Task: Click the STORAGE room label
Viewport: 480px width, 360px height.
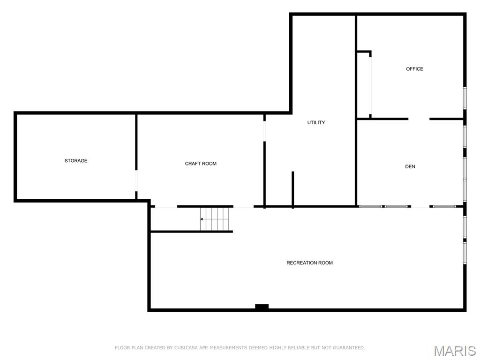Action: click(76, 161)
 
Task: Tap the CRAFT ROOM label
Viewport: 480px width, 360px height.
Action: click(201, 164)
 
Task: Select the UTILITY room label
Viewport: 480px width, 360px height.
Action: click(316, 123)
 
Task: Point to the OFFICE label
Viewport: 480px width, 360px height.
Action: click(414, 69)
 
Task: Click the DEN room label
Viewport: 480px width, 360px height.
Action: click(410, 167)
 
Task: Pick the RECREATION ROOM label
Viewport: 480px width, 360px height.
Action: click(309, 263)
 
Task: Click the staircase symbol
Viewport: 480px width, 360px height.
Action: click(216, 219)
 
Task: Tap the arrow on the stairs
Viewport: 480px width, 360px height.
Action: click(202, 219)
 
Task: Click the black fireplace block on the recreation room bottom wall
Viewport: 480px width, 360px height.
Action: click(262, 307)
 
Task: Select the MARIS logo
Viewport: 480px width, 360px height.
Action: click(454, 351)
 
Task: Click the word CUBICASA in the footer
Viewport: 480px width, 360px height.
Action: click(185, 348)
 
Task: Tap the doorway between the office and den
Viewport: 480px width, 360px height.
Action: click(419, 119)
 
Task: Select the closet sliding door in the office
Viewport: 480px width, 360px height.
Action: click(370, 84)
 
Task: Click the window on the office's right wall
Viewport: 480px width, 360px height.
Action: click(465, 98)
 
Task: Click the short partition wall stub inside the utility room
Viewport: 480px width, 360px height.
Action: click(292, 188)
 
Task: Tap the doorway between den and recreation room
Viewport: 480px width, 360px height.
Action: click(420, 206)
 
